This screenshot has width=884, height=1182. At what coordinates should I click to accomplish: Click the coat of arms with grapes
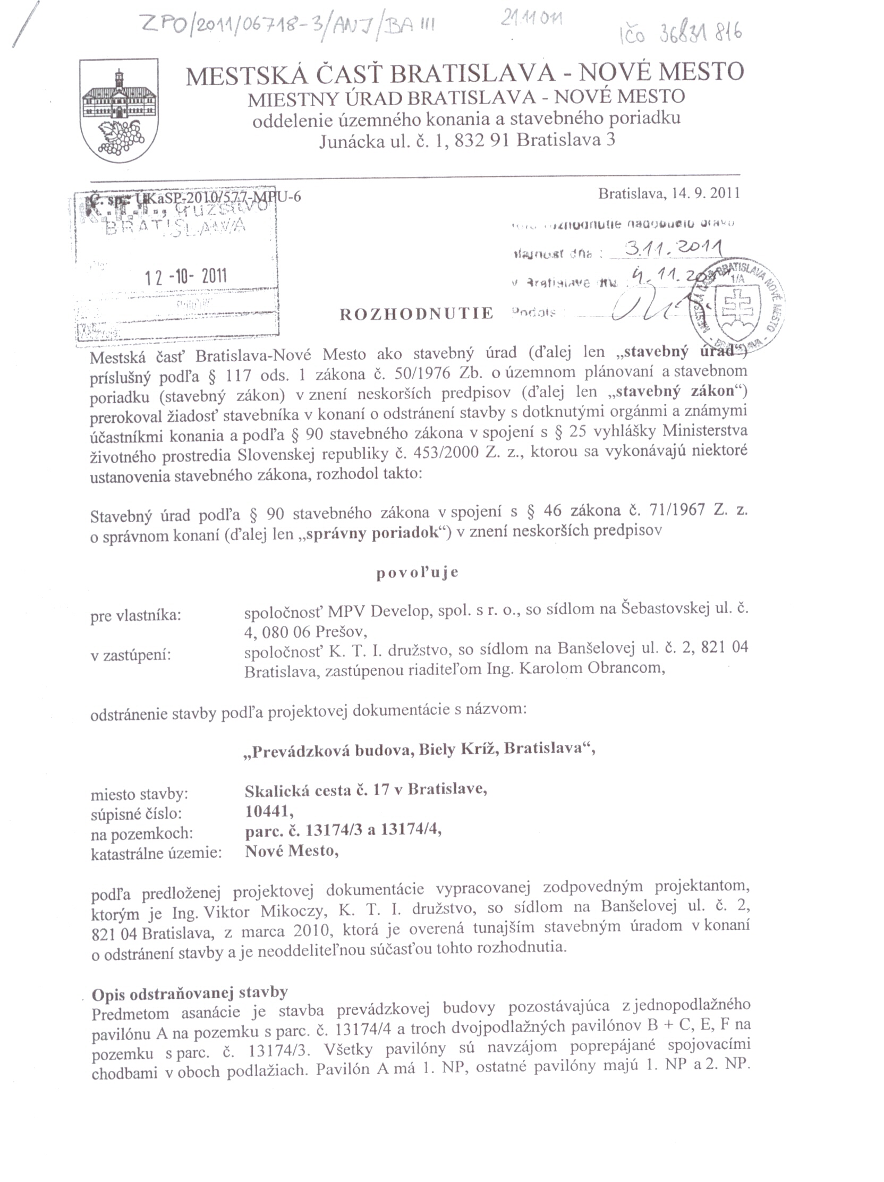(118, 110)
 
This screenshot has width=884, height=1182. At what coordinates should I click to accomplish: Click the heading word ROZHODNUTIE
(416, 313)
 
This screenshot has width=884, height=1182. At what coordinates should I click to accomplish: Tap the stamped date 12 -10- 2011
(186, 276)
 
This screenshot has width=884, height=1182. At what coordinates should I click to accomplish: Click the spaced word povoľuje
(418, 573)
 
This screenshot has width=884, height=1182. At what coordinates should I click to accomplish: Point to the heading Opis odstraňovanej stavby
(190, 993)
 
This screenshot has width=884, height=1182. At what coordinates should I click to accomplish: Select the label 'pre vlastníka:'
(136, 616)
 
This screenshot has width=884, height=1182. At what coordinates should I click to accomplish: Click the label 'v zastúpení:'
(130, 654)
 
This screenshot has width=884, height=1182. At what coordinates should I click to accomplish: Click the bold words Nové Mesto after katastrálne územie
(291, 850)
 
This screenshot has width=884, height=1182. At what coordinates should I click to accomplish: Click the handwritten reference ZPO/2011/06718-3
(230, 24)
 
